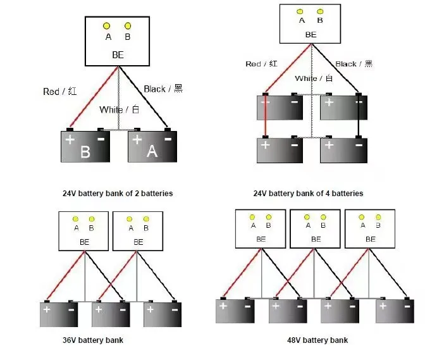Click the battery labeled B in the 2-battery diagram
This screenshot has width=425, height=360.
[x=85, y=146]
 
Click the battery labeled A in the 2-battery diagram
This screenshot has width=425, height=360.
[x=152, y=146]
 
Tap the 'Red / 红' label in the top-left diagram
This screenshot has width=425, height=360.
[x=60, y=91]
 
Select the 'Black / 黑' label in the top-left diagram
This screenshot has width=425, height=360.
[x=163, y=89]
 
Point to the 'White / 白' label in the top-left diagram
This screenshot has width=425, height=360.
[x=120, y=109]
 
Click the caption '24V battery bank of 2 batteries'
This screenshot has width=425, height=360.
[x=118, y=193]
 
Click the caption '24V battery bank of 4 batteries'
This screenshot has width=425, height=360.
[x=308, y=193]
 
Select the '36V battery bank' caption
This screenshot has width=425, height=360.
[x=93, y=340]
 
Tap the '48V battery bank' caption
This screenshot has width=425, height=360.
[x=317, y=340]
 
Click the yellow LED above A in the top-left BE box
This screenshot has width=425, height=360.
[x=106, y=26]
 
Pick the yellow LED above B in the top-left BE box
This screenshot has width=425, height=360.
[x=128, y=26]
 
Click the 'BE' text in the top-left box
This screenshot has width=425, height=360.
[x=118, y=55]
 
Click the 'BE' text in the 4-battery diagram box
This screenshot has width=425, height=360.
[x=311, y=35]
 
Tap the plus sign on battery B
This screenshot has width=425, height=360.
[x=70, y=140]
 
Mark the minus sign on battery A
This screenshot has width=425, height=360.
[x=168, y=139]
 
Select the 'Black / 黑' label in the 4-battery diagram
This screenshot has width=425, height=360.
[x=354, y=64]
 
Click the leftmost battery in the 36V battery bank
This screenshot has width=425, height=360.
[x=59, y=314]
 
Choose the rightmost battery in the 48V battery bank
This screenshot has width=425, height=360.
[x=395, y=310]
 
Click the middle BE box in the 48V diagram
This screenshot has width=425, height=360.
[x=315, y=229]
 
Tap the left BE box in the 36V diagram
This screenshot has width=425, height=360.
[x=83, y=231]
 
